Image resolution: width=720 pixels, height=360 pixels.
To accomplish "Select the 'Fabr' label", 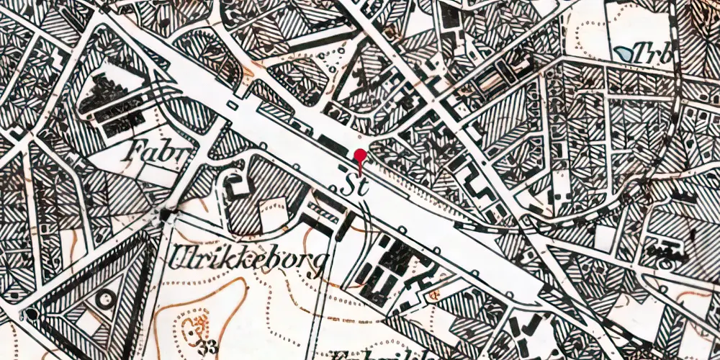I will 153,151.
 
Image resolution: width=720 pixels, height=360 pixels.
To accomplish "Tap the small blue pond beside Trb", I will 626,52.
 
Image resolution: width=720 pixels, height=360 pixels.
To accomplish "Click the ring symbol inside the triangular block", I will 107,297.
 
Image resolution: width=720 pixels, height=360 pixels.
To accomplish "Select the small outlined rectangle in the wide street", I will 233,105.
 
